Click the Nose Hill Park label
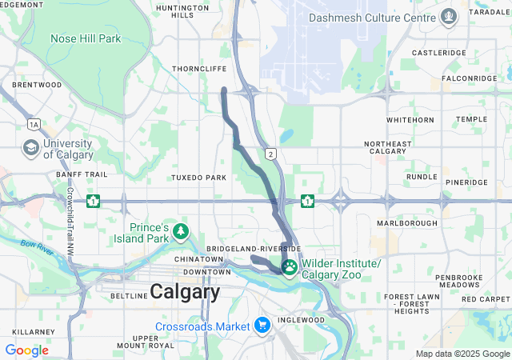(x=86, y=38)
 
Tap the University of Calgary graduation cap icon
(x=31, y=148)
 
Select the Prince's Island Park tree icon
(x=182, y=232)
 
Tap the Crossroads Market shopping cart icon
(x=262, y=326)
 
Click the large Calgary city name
(x=185, y=292)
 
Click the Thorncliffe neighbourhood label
(x=199, y=70)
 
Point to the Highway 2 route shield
(x=271, y=154)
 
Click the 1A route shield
(x=34, y=124)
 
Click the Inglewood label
(x=301, y=320)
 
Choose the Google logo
(x=26, y=350)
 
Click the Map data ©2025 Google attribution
(x=462, y=354)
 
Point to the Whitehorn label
(x=410, y=119)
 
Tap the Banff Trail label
(x=82, y=174)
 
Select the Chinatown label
(x=200, y=260)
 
